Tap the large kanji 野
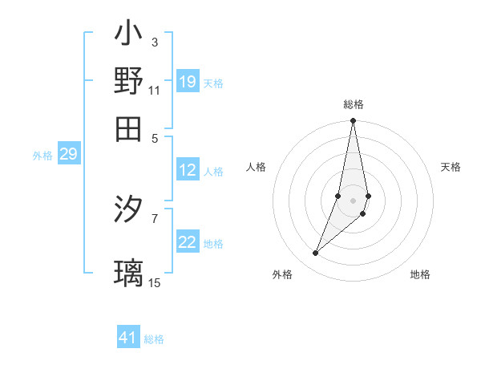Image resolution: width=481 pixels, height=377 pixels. pyautogui.click(x=128, y=81)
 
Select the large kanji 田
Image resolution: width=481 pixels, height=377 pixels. pyautogui.click(x=128, y=128)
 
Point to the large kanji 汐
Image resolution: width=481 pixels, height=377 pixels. pyautogui.click(x=128, y=210)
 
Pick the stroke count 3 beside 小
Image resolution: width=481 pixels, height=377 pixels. pyautogui.click(x=154, y=42)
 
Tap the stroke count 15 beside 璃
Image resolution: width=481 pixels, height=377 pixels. pyautogui.click(x=155, y=282)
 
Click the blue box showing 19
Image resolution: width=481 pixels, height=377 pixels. pyautogui.click(x=188, y=82)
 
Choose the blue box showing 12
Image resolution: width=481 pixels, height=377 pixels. pyautogui.click(x=188, y=171)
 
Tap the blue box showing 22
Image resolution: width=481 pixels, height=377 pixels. pyautogui.click(x=188, y=243)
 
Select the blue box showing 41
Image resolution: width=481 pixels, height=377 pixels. pyautogui.click(x=128, y=338)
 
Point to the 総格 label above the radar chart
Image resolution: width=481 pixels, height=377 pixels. pyautogui.click(x=354, y=105)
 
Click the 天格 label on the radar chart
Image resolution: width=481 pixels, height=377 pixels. pyautogui.click(x=451, y=167)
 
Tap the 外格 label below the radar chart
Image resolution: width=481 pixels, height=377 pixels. pyautogui.click(x=282, y=274)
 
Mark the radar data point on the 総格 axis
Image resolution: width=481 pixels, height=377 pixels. pyautogui.click(x=353, y=121)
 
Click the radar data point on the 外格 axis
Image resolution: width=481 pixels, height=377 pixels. pyautogui.click(x=316, y=253)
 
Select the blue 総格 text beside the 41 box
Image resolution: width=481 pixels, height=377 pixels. pyautogui.click(x=154, y=339)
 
